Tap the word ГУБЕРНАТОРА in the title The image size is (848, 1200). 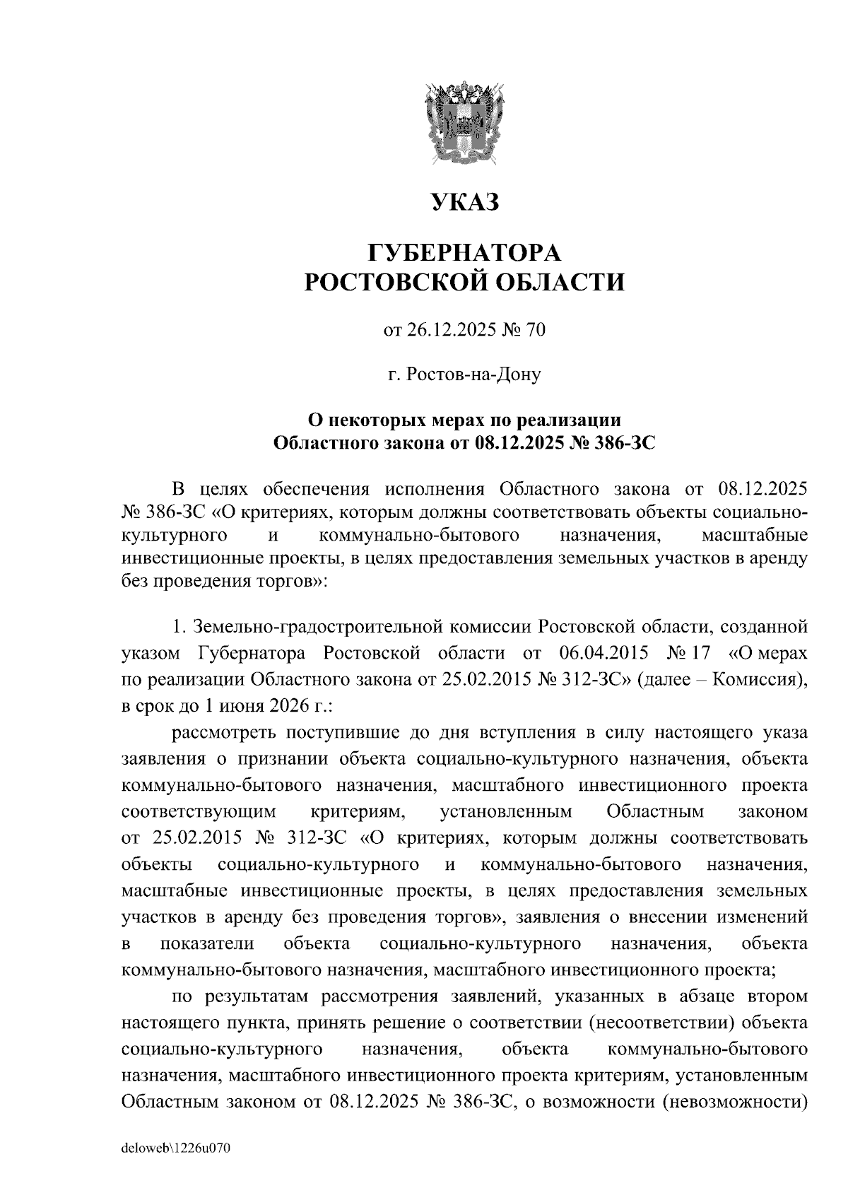coord(465,251)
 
